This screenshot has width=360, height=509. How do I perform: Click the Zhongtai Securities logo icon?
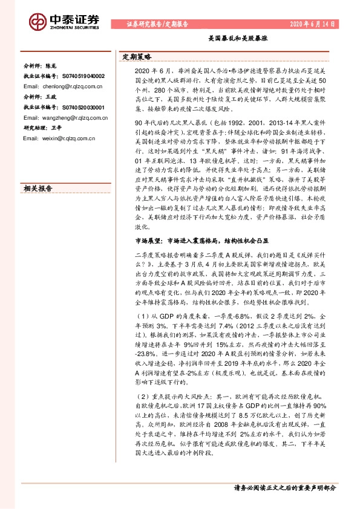(x=38, y=21)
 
